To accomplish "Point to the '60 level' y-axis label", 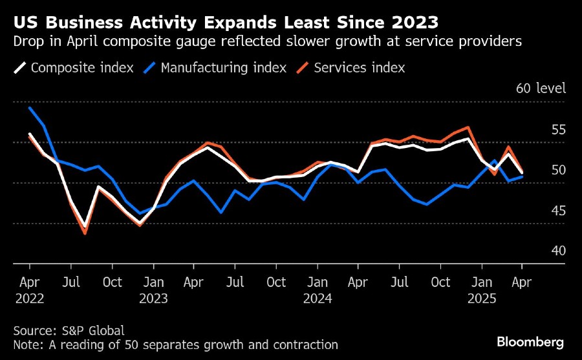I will (x=541, y=89).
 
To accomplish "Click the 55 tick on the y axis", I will (x=558, y=130).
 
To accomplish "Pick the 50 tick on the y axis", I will (x=558, y=170).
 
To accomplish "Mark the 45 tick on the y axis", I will (x=558, y=211).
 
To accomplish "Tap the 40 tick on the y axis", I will (x=558, y=251).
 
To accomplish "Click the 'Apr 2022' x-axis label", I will (x=30, y=290).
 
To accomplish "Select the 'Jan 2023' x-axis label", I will (x=154, y=290).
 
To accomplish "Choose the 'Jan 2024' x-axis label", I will (x=318, y=290).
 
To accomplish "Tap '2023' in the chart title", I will (x=414, y=23).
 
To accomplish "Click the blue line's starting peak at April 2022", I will (x=30, y=108).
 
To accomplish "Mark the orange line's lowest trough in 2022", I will (x=85, y=233).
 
